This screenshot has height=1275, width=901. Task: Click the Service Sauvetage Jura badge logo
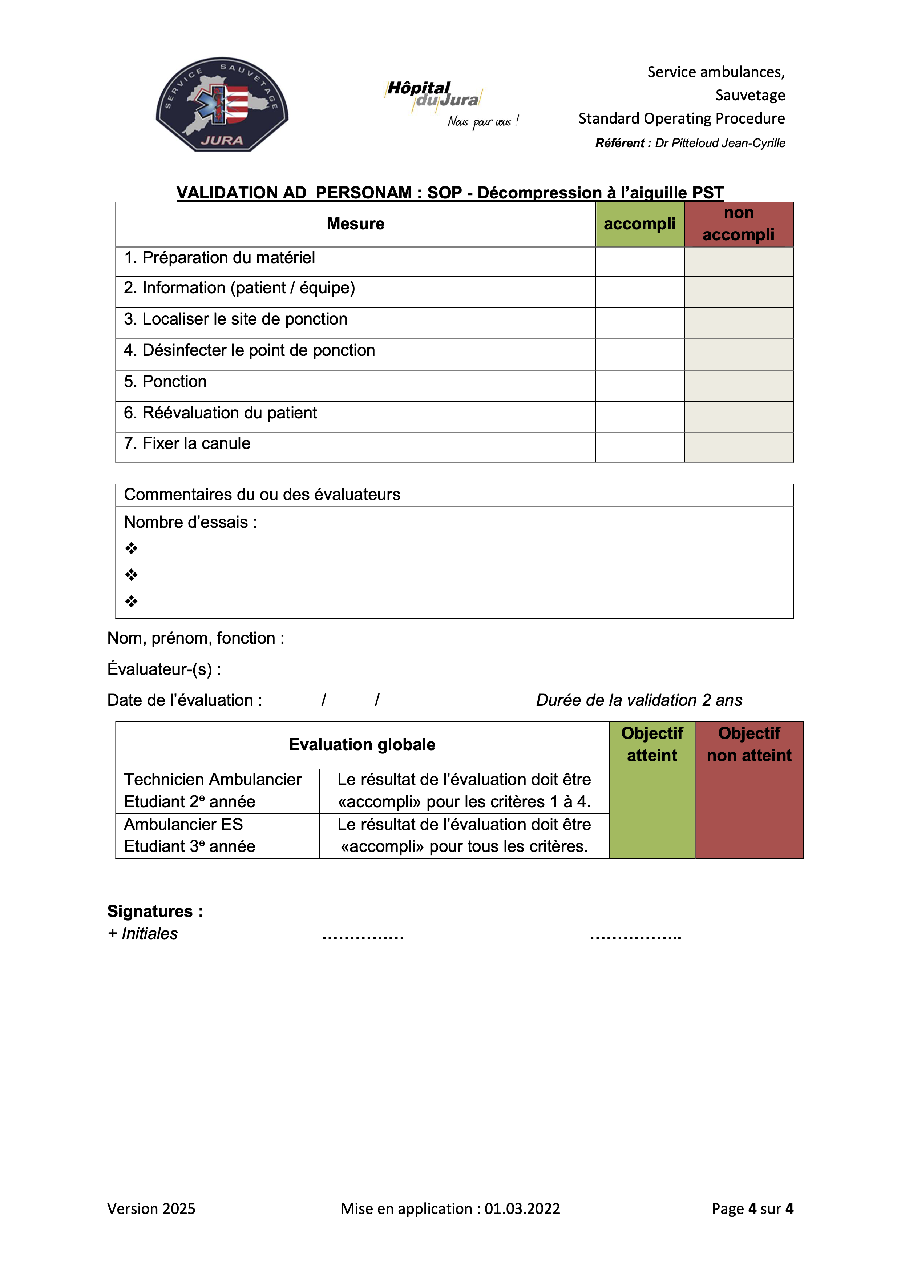pyautogui.click(x=222, y=104)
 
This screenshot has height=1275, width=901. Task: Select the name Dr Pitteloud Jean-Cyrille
pyautogui.click(x=720, y=143)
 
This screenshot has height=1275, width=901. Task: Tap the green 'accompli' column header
pyautogui.click(x=639, y=224)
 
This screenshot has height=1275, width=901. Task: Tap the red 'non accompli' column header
pyautogui.click(x=738, y=224)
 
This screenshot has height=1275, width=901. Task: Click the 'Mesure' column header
pyautogui.click(x=355, y=224)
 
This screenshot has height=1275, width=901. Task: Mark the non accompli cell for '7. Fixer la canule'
pyautogui.click(x=738, y=447)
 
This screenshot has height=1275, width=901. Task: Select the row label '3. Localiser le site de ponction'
pyautogui.click(x=235, y=319)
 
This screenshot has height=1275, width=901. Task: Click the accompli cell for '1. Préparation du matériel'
pyautogui.click(x=639, y=262)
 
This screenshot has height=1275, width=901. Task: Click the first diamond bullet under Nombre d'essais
pyautogui.click(x=131, y=549)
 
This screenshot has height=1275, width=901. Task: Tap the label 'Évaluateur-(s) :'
pyautogui.click(x=164, y=669)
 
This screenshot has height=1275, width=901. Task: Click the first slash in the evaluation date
pyautogui.click(x=324, y=700)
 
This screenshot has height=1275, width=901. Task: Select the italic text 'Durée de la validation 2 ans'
pyautogui.click(x=639, y=700)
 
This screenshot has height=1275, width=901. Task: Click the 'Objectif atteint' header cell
pyautogui.click(x=652, y=745)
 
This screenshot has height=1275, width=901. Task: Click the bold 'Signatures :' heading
pyautogui.click(x=155, y=911)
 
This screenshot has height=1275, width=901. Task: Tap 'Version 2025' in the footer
pyautogui.click(x=151, y=1209)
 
